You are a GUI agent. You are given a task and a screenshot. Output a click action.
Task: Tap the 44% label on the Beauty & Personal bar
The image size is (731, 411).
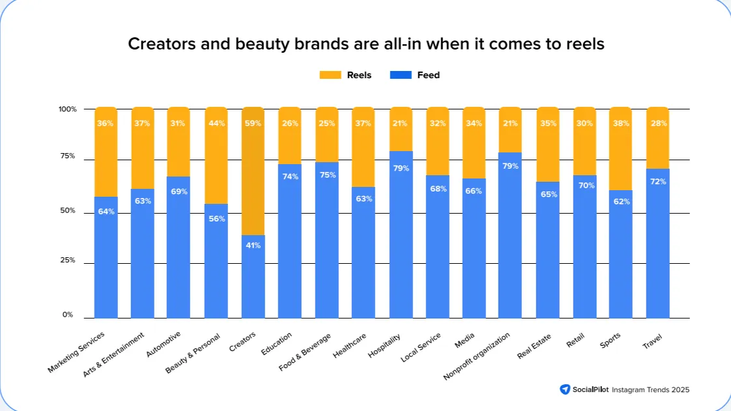[x=216, y=123]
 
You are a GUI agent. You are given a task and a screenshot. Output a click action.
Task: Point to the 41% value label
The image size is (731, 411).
[x=253, y=246]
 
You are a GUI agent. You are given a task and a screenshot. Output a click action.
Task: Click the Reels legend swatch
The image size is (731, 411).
[x=330, y=75]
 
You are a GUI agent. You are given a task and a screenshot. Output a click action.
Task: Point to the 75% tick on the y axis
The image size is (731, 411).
[x=68, y=156]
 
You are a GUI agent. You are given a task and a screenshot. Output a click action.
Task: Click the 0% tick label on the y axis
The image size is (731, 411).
[x=68, y=315]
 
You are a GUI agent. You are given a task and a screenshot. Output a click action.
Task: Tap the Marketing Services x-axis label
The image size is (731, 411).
[x=76, y=352]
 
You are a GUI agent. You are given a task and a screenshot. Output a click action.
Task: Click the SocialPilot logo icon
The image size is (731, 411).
[x=565, y=390]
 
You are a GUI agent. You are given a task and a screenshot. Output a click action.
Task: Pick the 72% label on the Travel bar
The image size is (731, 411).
[x=658, y=181]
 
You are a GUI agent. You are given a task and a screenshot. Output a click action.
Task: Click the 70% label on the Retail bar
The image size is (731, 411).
[x=584, y=186]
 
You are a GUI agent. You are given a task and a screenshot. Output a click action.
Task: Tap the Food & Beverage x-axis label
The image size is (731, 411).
[x=305, y=352]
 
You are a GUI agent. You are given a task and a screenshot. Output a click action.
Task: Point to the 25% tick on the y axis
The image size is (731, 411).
[x=68, y=260]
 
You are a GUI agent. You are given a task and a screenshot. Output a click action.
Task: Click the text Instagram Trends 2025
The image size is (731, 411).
[x=648, y=390]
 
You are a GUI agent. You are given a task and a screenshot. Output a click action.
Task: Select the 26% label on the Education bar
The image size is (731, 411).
[x=290, y=123]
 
